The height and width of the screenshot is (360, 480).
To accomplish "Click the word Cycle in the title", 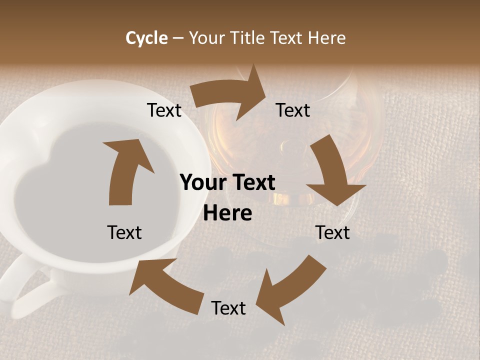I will tap(146, 38).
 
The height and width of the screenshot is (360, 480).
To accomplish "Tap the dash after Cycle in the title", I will tap(178, 38).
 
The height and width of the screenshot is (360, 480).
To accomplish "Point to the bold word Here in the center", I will tap(227, 213).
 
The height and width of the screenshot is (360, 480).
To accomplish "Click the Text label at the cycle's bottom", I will tap(228, 308).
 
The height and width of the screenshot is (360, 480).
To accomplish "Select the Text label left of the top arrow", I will tap(164, 110).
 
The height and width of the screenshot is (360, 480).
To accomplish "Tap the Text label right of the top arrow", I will tap(293, 110).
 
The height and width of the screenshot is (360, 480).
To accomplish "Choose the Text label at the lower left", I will tap(124, 232).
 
